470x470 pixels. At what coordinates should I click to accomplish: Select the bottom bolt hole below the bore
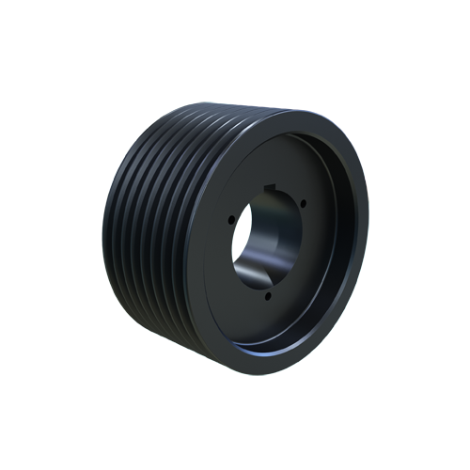pyautogui.click(x=268, y=295)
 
